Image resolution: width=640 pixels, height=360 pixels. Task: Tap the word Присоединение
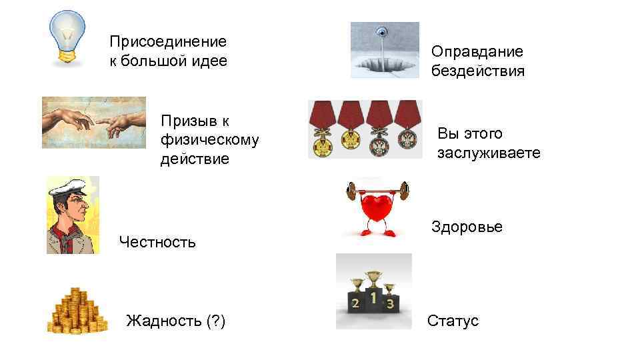(x=168, y=42)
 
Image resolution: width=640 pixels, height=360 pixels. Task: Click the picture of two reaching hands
(x=93, y=123)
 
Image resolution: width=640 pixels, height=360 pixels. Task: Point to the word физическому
(x=209, y=140)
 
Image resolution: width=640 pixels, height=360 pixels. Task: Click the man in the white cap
(x=73, y=215)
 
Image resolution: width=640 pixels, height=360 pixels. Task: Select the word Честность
(x=157, y=242)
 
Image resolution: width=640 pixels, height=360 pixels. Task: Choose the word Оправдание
(x=477, y=51)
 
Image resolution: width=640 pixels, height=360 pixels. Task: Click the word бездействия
(x=477, y=71)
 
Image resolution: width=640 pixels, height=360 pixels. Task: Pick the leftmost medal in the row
(x=322, y=129)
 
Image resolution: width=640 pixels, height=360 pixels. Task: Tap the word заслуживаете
(x=489, y=153)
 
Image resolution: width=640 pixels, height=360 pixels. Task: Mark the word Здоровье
(x=467, y=227)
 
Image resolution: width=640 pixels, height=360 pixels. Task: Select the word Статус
(x=453, y=321)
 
